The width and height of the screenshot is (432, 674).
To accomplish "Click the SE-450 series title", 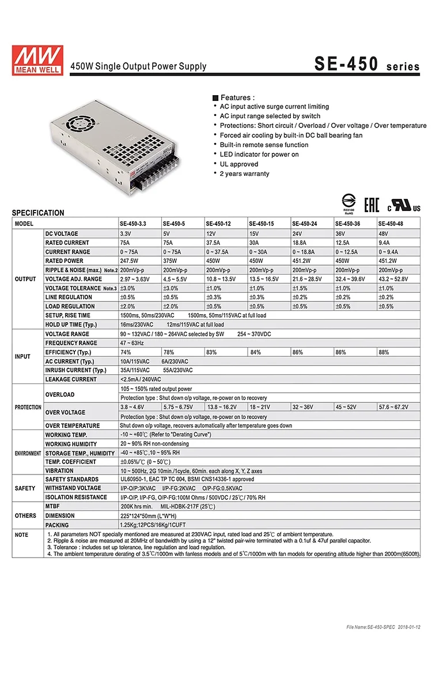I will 367,65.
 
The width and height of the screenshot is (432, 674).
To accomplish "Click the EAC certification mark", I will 372,204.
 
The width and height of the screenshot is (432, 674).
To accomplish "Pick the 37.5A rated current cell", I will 217,243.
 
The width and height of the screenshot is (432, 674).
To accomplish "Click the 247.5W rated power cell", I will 131,261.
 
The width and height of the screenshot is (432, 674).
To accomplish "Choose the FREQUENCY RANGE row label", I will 71,343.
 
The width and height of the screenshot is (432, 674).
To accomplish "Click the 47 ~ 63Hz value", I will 132,343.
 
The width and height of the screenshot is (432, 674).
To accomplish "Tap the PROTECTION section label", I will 28,407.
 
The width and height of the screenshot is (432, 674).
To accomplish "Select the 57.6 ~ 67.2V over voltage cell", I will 393,407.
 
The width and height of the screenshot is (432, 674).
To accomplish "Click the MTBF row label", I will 54,506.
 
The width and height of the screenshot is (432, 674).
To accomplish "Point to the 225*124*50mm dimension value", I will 147,516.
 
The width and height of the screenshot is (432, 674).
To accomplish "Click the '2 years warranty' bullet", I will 244,174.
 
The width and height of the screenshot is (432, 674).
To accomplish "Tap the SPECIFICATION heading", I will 38,213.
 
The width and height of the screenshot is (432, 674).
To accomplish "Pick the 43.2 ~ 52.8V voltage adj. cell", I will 393,279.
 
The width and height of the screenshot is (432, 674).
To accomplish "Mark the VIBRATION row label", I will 59,470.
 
